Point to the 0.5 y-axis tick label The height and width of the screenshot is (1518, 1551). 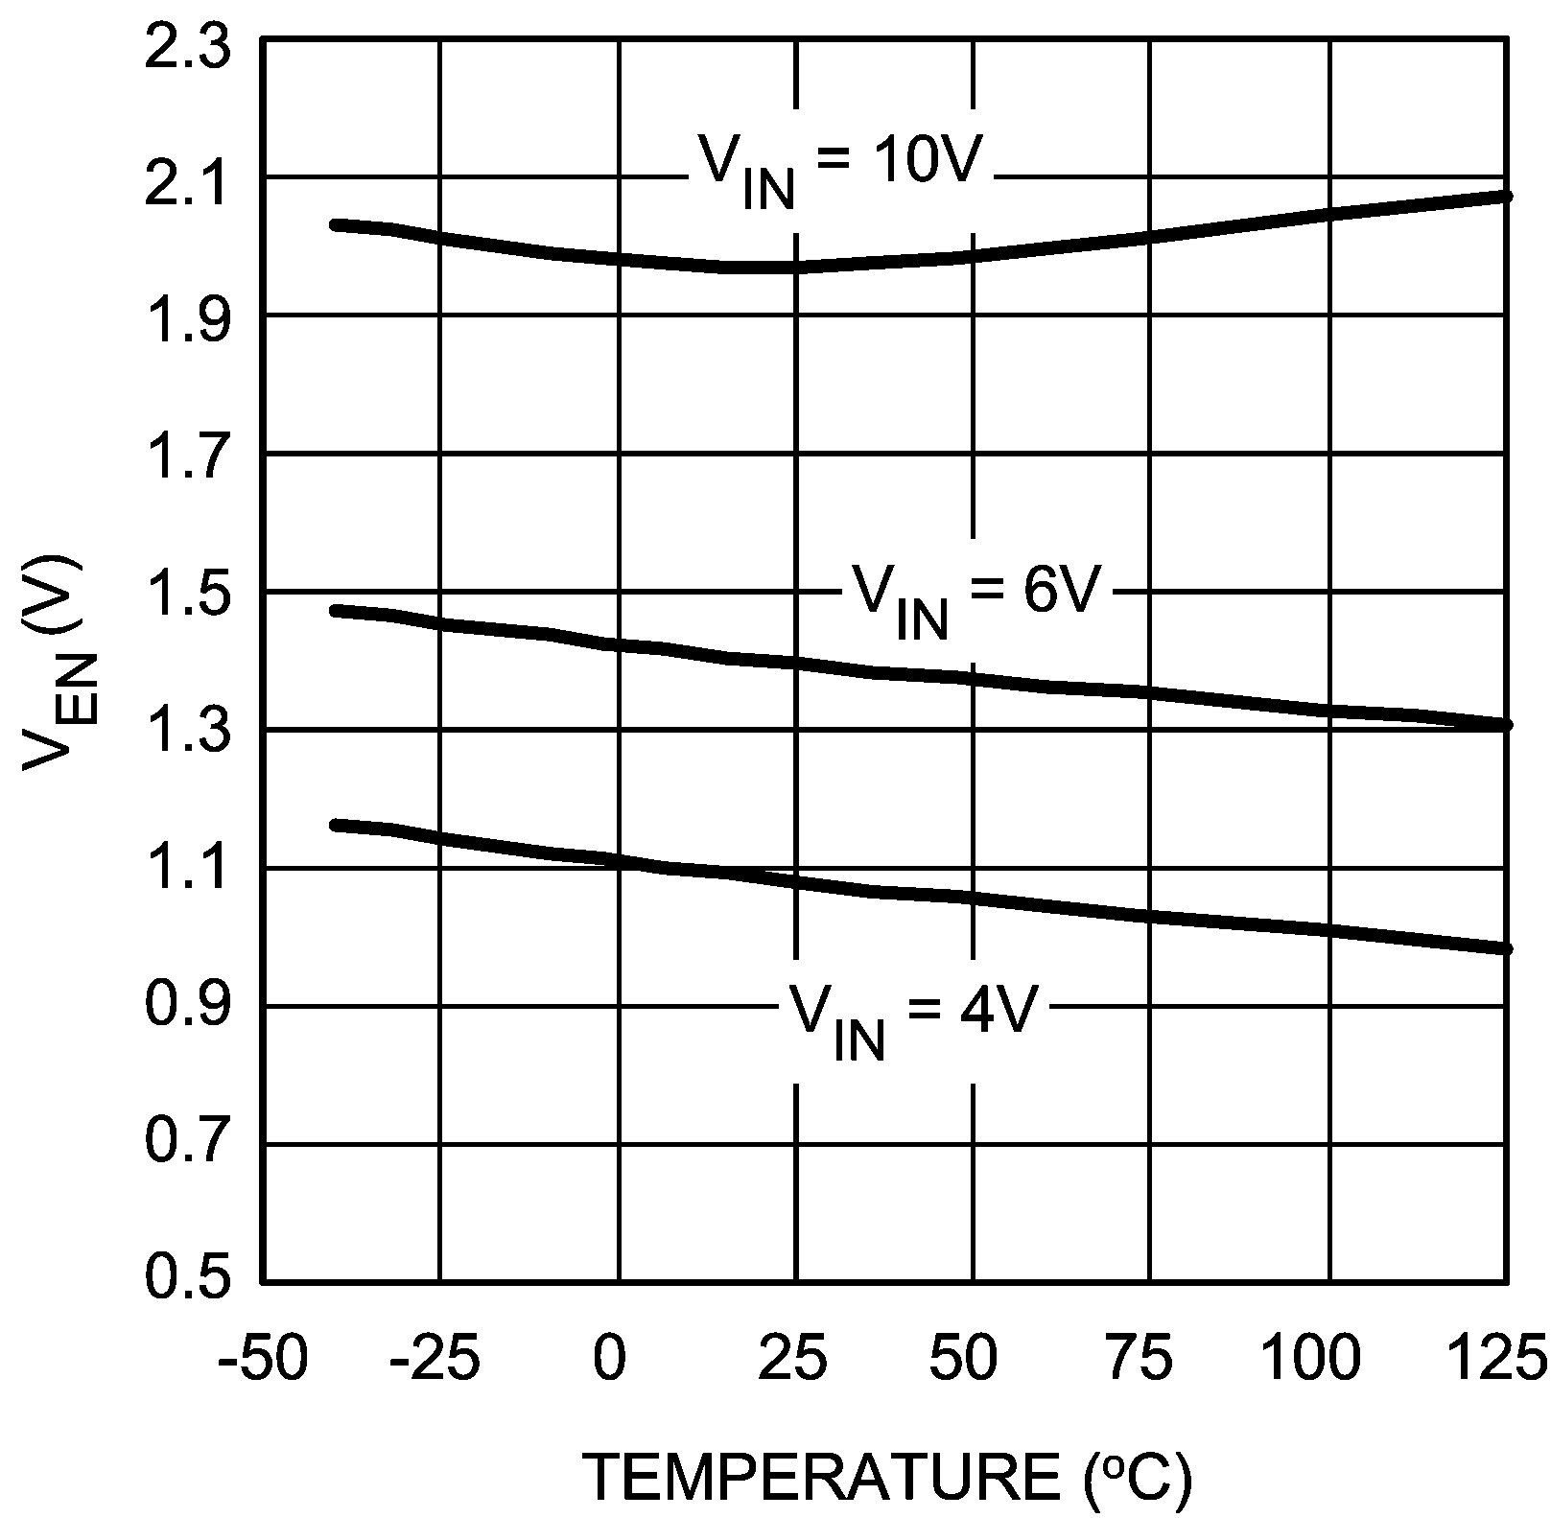click(x=187, y=1281)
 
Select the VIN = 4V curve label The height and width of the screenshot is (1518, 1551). click(x=911, y=1016)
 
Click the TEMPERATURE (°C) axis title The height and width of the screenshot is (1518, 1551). click(x=888, y=1477)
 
